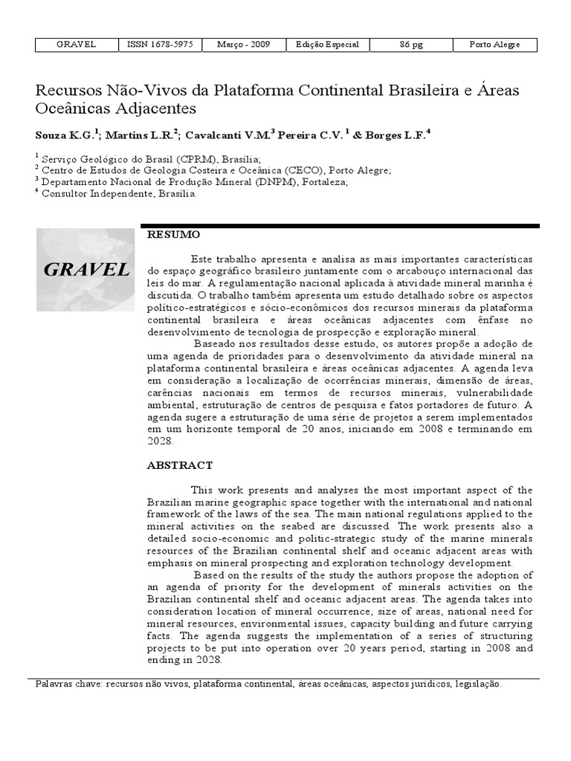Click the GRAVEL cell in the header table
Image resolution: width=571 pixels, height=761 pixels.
tap(77, 45)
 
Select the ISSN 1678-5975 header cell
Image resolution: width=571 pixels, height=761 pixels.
tap(160, 45)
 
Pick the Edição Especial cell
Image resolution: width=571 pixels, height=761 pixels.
tap(327, 45)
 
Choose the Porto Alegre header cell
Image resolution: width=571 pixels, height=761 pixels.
tap(494, 45)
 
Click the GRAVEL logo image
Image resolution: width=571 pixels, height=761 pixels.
tap(86, 269)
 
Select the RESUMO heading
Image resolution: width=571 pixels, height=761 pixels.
tap(175, 235)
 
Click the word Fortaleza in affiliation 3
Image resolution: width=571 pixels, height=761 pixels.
tap(322, 181)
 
